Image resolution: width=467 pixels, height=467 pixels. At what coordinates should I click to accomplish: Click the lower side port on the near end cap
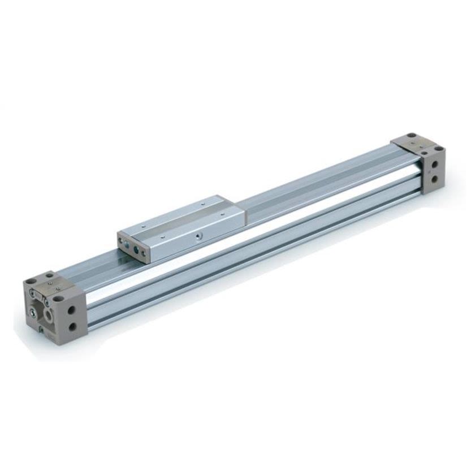point(72,327)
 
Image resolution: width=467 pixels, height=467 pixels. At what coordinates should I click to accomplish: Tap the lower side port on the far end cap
point(435,179)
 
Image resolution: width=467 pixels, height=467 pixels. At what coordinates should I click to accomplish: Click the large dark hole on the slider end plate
point(136,249)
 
